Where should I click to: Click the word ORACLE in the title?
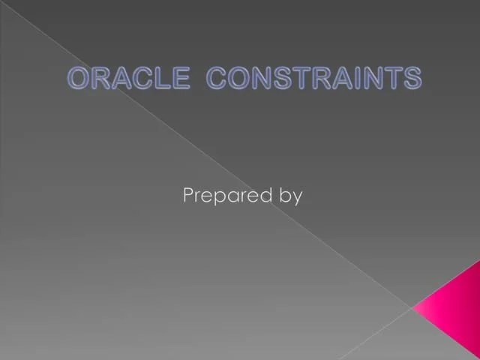pos(127,78)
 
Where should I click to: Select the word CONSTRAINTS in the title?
pos(313,78)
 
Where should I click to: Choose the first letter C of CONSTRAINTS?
pos(217,78)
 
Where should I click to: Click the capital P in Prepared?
pos(189,196)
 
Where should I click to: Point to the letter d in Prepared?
pos(263,196)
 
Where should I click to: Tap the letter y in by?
pos(297,199)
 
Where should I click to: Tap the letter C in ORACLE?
pos(140,78)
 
